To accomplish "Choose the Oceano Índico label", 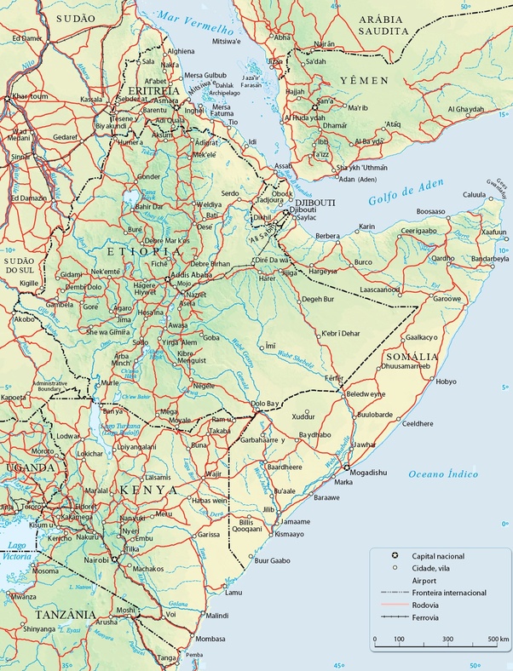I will tap(442, 474).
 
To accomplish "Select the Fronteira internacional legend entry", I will tap(449, 592).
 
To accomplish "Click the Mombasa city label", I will tap(210, 639).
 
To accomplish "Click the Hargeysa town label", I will tap(323, 271).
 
